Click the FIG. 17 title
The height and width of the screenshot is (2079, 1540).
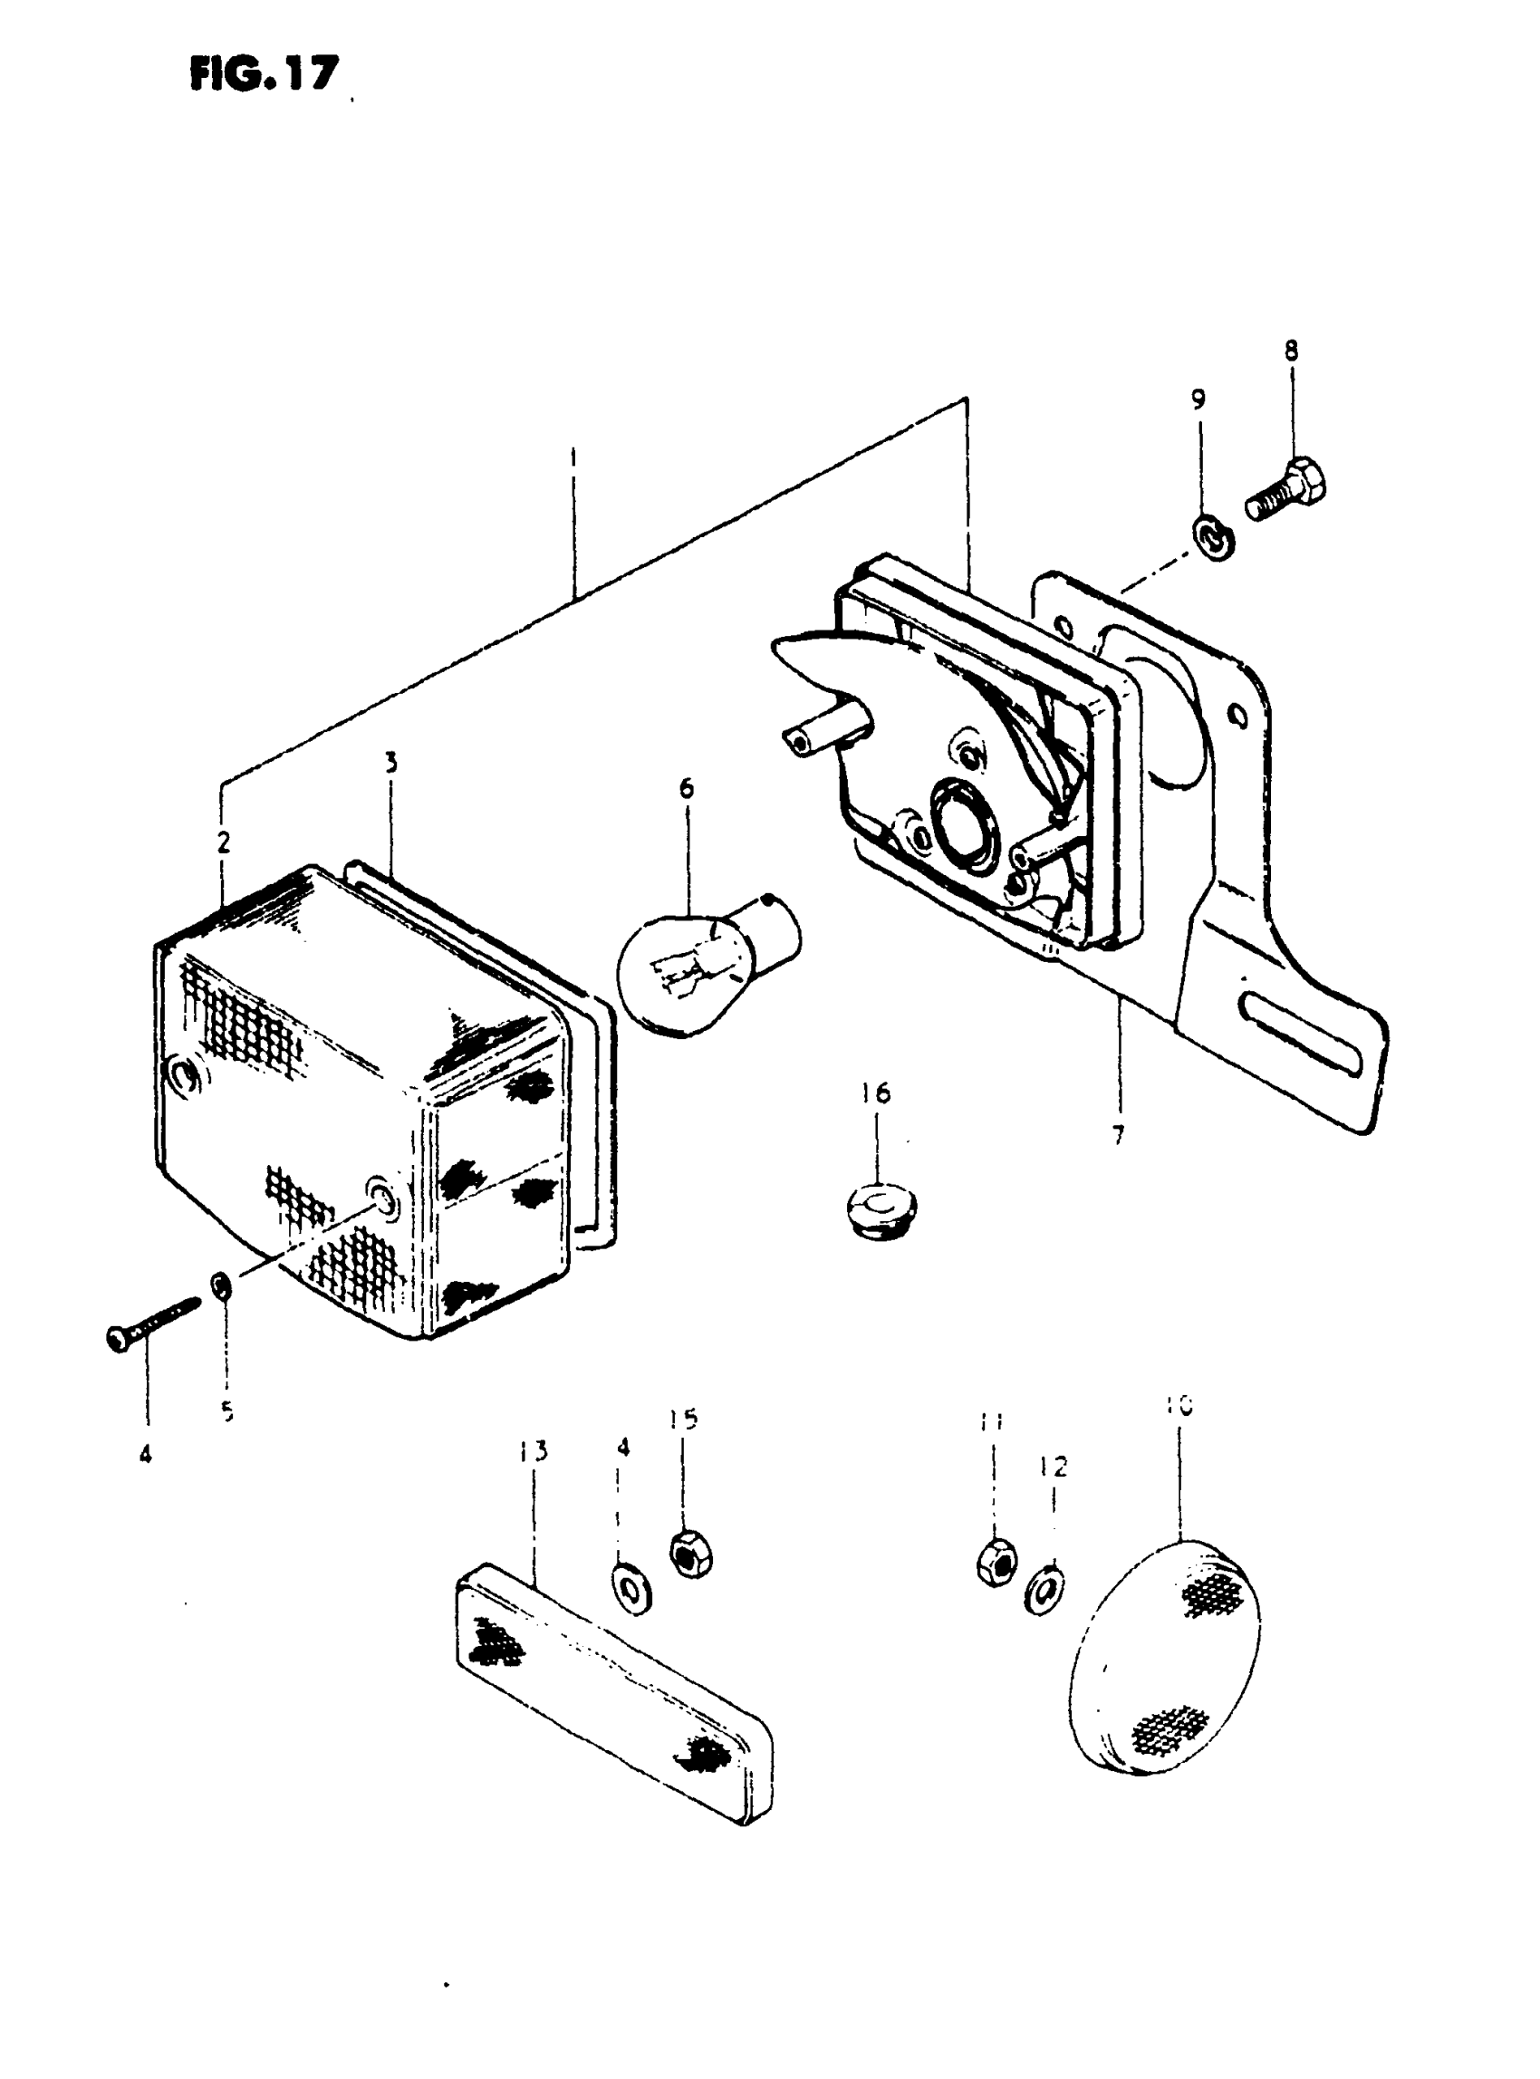click(x=264, y=73)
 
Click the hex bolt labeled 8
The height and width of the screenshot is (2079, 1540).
click(x=1287, y=492)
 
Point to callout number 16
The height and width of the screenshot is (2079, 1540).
click(x=875, y=1092)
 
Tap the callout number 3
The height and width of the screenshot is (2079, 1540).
click(x=391, y=763)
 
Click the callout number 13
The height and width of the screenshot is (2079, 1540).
click(x=534, y=1451)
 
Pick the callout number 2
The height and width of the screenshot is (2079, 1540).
click(x=223, y=842)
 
